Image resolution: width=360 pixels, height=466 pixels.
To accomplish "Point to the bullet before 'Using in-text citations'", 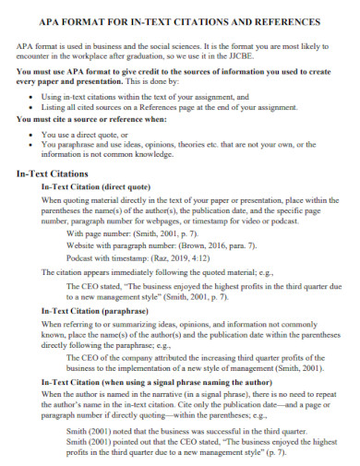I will [x=33, y=97].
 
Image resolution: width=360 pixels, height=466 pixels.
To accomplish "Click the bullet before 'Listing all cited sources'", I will [x=33, y=108].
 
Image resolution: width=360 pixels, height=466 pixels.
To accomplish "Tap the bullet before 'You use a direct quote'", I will [x=33, y=135].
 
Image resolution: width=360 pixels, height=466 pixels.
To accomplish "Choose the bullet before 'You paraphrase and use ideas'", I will [x=33, y=146].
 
